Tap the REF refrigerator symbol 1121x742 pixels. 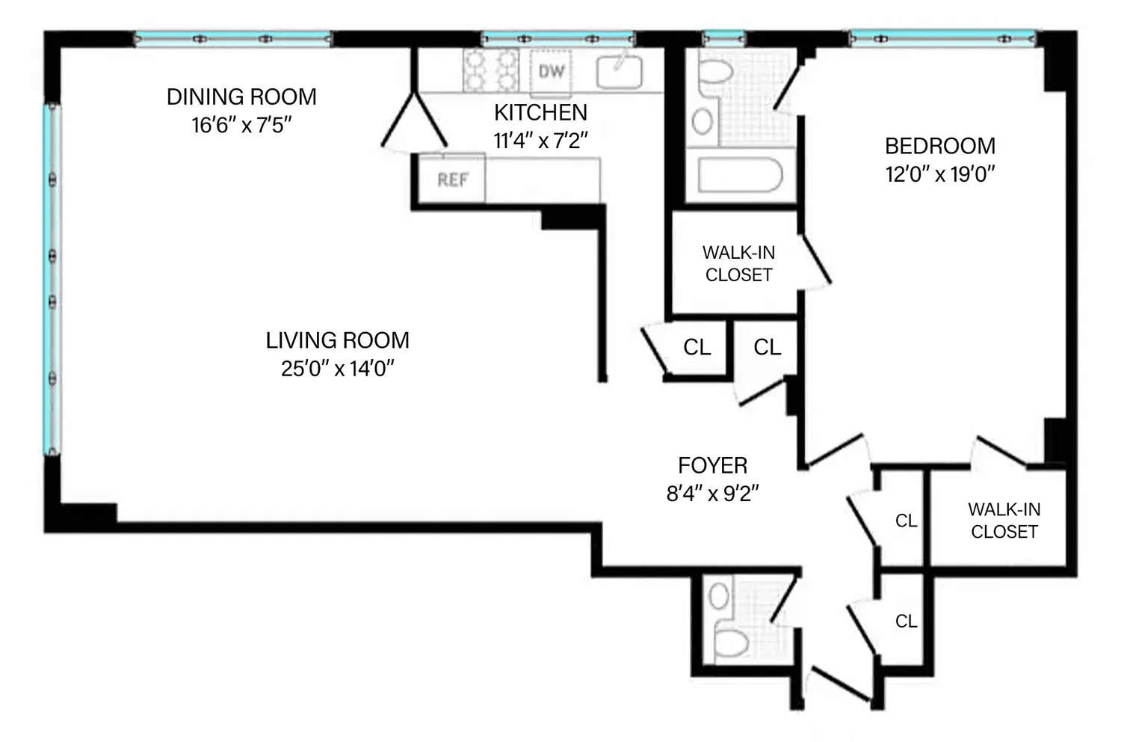[x=452, y=179]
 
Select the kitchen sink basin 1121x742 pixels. [x=619, y=72]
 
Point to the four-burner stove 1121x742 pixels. [x=491, y=70]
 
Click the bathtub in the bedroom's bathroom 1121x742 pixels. [x=740, y=175]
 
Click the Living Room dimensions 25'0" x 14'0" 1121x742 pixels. [x=337, y=369]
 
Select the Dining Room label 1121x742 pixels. [x=241, y=97]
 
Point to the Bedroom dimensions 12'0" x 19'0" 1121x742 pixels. [x=940, y=174]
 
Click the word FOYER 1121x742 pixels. [x=713, y=466]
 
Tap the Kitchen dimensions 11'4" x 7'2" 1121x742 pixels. [x=540, y=141]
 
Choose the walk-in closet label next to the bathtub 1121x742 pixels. [x=738, y=263]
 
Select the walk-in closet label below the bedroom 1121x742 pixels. [x=1004, y=521]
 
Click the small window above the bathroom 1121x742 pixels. [x=723, y=38]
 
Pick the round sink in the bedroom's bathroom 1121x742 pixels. [x=702, y=120]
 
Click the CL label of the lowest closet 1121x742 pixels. [x=907, y=622]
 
